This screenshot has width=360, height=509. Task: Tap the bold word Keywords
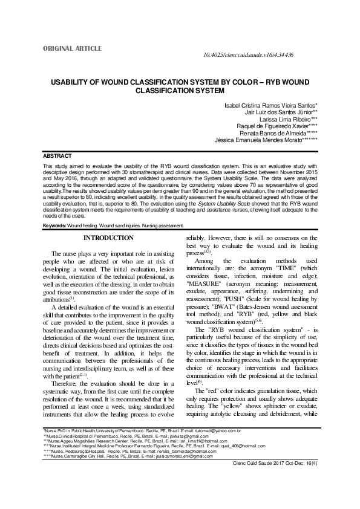tap(54, 225)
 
